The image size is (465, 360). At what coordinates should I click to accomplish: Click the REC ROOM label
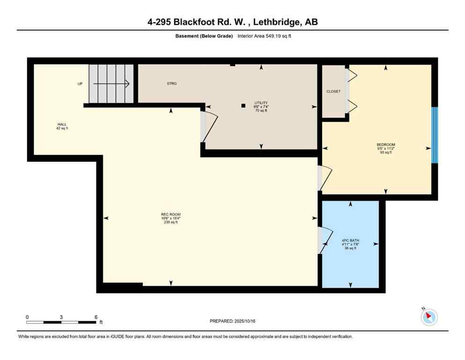[170, 214]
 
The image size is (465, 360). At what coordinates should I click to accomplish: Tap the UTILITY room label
[261, 103]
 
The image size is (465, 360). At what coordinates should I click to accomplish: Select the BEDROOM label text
[386, 144]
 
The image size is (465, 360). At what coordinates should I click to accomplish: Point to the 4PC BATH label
[350, 240]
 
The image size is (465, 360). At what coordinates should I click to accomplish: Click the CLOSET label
[333, 91]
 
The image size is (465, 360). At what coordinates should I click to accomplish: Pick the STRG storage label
[171, 83]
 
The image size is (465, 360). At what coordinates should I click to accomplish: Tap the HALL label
[62, 124]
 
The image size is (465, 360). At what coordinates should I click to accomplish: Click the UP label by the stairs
[80, 84]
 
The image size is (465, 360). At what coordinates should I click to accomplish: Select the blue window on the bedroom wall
[434, 135]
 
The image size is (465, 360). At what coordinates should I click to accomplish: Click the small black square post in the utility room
[243, 105]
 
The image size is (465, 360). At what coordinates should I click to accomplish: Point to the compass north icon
[428, 317]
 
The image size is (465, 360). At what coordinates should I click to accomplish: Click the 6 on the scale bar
[96, 317]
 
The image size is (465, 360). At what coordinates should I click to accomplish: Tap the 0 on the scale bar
[27, 317]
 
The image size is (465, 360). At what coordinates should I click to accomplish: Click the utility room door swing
[209, 126]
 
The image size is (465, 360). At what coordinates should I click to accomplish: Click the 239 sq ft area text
[170, 222]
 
